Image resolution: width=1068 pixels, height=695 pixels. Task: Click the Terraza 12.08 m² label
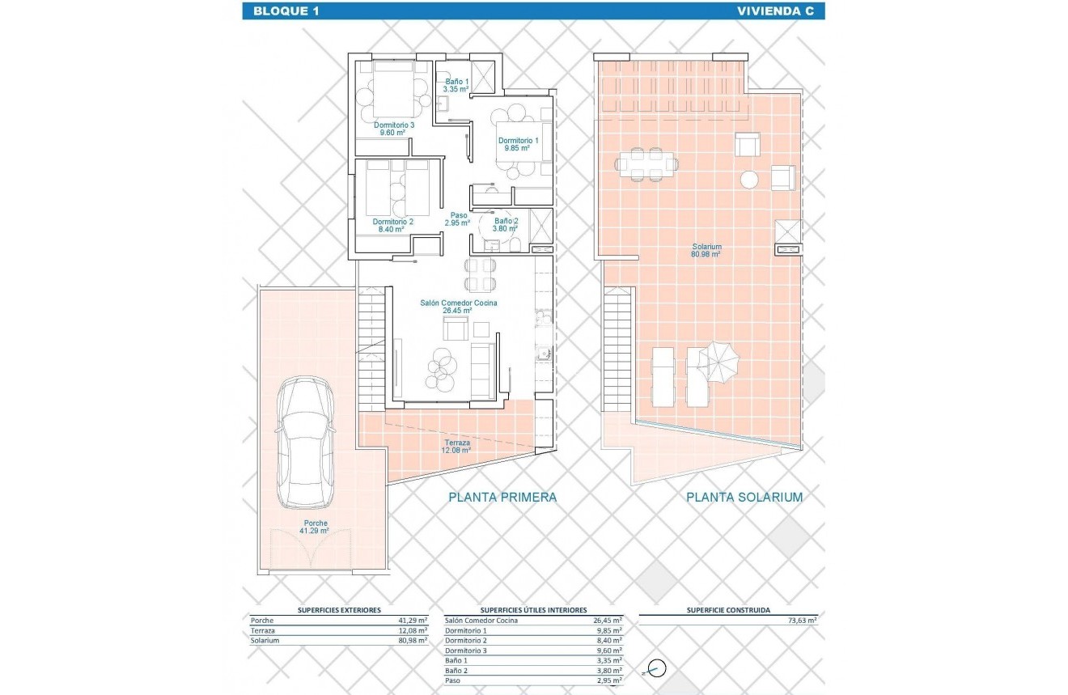tap(457, 447)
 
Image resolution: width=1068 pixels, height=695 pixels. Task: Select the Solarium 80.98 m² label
tap(706, 250)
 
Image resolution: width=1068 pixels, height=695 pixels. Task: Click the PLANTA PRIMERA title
tap(502, 497)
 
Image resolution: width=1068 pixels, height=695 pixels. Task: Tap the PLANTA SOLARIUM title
tap(744, 497)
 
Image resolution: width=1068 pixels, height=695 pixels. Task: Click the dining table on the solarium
tap(646, 165)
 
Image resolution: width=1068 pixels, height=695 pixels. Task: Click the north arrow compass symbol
tap(657, 669)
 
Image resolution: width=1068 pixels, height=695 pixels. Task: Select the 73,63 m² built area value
tap(802, 621)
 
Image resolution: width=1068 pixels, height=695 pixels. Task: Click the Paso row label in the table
tap(454, 680)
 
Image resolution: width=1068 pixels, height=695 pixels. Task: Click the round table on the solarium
tap(750, 179)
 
